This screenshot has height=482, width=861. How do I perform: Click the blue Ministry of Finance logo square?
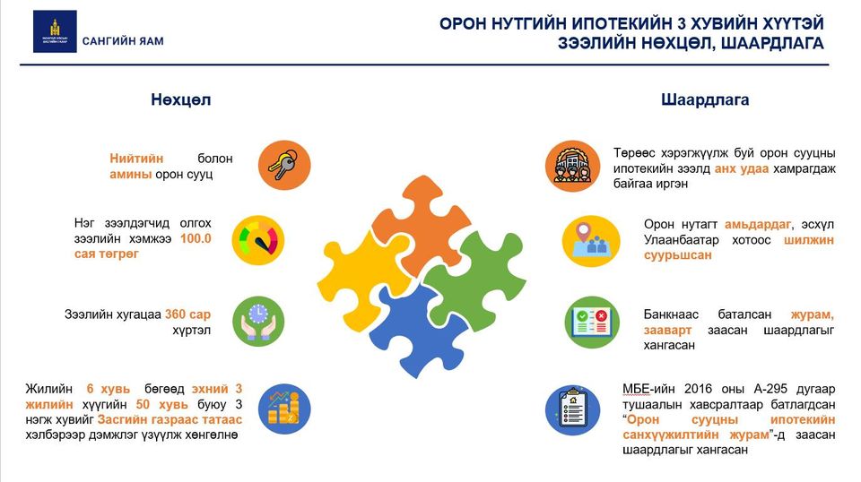click(55, 31)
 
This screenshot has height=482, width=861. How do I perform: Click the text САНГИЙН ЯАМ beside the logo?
click(123, 41)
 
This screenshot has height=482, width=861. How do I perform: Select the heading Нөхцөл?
click(180, 99)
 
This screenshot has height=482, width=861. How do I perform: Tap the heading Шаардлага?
click(705, 99)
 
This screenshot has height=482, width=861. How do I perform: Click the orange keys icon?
click(284, 165)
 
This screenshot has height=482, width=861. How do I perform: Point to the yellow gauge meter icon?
click(258, 240)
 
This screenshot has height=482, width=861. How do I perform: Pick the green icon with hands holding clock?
click(258, 322)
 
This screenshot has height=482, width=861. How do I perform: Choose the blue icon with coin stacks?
click(284, 409)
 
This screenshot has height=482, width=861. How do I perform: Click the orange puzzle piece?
click(419, 225)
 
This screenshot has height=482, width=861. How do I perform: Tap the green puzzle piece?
click(476, 280)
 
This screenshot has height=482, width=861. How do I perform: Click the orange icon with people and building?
click(573, 166)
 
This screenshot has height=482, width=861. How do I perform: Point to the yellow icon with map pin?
click(591, 241)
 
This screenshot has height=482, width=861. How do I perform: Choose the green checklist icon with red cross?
click(592, 322)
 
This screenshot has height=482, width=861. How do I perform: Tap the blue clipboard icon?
click(573, 410)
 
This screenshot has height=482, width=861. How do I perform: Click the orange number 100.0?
click(196, 238)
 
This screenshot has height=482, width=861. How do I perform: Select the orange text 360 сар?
click(187, 314)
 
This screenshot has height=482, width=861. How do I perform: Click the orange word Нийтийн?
click(136, 159)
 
